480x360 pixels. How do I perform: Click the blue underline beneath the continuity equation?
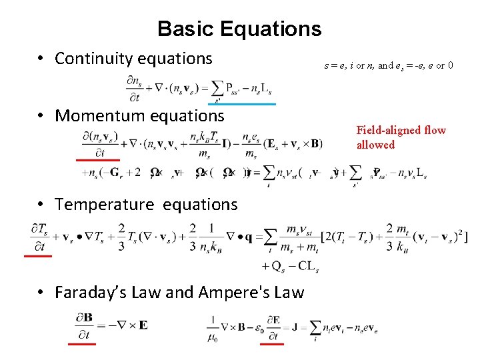coord(241,104)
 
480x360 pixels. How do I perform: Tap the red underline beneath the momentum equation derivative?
coord(97,160)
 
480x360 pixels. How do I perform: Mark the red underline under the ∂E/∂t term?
coord(271,344)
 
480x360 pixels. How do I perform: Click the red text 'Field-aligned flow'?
coord(401,131)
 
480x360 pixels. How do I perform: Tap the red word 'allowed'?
coord(375,145)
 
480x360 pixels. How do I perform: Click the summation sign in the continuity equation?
coord(217,87)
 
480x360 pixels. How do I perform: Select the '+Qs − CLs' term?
coord(294,267)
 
